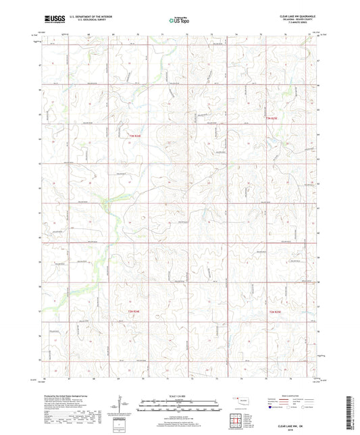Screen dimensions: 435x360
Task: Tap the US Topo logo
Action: click(179, 21)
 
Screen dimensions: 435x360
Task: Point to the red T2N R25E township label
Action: click(276, 311)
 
